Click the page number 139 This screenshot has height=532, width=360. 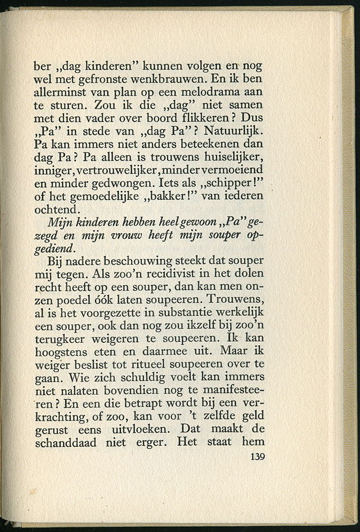tap(256, 456)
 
